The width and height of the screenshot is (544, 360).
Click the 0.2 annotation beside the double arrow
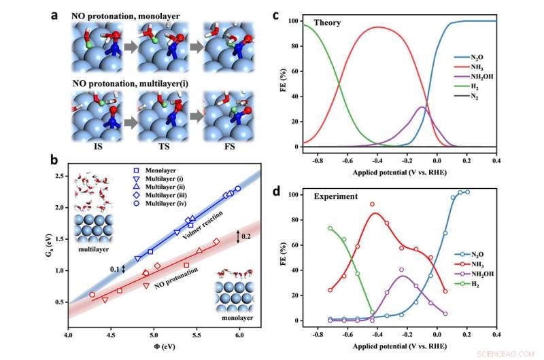[x=247, y=237]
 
